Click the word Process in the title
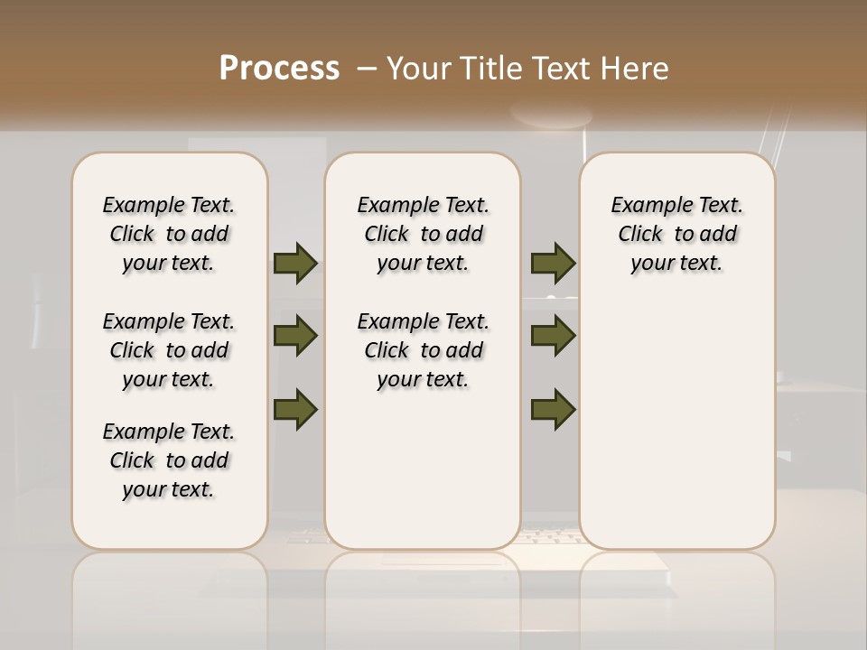[279, 69]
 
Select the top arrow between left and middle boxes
[295, 264]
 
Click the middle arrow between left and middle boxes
[295, 336]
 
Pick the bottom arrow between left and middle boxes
[295, 409]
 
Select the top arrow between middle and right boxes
[553, 264]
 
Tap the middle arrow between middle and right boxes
[553, 336]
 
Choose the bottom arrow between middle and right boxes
[553, 409]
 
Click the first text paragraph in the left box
[169, 234]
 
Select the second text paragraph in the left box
[169, 350]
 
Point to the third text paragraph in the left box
[169, 460]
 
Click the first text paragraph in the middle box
[424, 234]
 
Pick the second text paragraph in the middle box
[424, 350]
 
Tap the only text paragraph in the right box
[677, 234]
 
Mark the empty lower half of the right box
[677, 433]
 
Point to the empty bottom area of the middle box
[424, 478]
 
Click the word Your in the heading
[418, 69]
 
